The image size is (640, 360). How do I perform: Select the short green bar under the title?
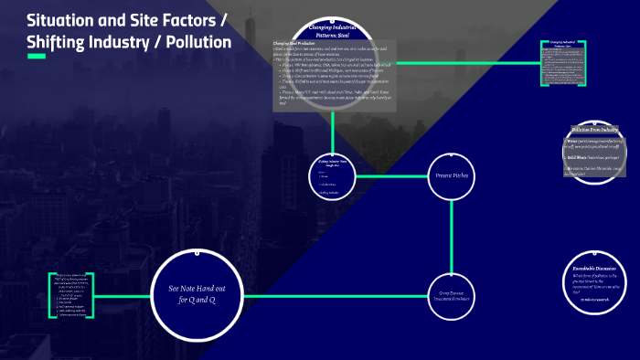pos(37,58)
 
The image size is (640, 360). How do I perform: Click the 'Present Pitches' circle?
pos(452,174)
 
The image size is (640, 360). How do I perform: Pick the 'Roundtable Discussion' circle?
pos(596,278)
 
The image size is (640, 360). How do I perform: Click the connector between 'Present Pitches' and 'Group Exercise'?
pos(453,238)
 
